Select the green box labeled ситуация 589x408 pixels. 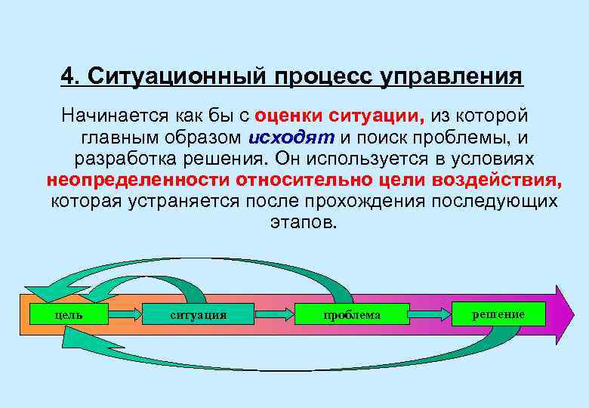(x=198, y=314)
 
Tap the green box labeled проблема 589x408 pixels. (x=352, y=314)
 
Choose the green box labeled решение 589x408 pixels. (x=498, y=314)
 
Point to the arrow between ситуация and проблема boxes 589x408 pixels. (x=275, y=314)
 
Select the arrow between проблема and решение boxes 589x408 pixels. (x=430, y=313)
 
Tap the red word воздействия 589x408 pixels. (x=498, y=181)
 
